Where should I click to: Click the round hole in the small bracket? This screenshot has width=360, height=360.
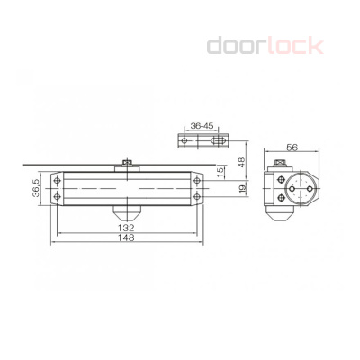(186, 142)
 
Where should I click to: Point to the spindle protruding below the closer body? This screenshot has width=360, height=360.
(128, 212)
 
